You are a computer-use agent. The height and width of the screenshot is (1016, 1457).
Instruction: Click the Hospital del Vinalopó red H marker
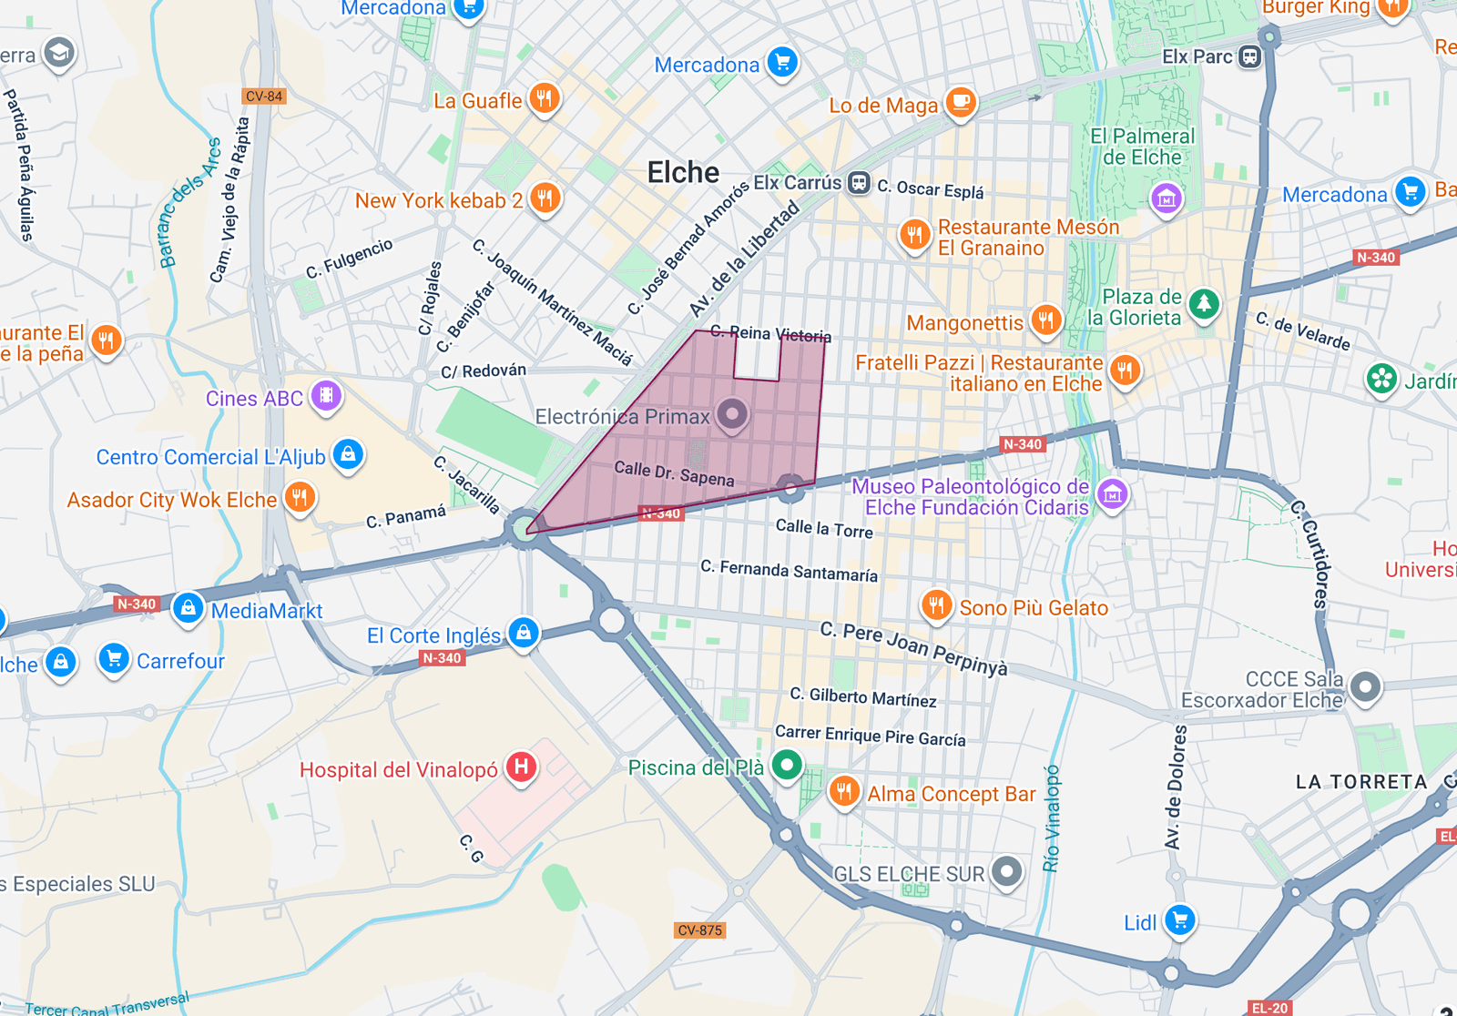[521, 767]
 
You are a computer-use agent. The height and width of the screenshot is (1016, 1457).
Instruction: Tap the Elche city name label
[683, 172]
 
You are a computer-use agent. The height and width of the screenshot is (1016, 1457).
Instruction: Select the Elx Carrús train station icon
[859, 183]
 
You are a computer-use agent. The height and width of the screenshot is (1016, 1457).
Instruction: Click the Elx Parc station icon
[1250, 56]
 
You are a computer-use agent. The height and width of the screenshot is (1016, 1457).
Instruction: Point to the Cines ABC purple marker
[326, 396]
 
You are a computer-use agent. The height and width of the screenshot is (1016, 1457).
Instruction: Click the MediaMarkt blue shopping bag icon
[188, 607]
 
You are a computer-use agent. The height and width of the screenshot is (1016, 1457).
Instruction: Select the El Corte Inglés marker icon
[524, 631]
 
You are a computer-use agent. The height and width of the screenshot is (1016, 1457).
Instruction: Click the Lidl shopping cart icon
[1180, 919]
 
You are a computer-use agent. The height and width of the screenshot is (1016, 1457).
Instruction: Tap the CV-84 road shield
[264, 96]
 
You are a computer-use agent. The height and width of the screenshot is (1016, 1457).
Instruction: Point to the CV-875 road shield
[699, 930]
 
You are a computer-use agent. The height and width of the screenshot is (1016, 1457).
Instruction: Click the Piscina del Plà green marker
[787, 765]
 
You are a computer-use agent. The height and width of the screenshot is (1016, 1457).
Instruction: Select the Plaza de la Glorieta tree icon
[1204, 303]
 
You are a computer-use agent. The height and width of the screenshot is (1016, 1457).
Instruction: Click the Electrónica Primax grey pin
[731, 414]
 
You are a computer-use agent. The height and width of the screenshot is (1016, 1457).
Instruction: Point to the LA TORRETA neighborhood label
[1360, 782]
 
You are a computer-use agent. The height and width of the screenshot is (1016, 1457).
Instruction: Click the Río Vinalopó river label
[1052, 818]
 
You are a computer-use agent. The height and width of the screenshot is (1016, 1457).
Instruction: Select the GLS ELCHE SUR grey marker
[1006, 871]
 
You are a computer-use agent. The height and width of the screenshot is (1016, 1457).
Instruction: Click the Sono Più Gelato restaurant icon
[936, 605]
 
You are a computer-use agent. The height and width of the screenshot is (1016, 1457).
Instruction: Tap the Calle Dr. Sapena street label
[674, 473]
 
